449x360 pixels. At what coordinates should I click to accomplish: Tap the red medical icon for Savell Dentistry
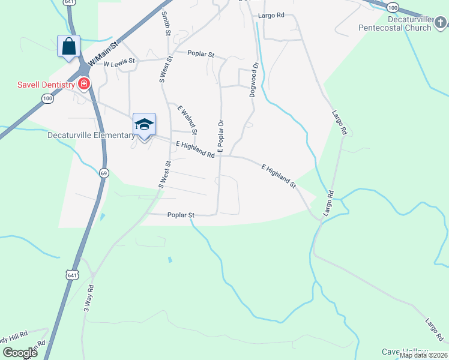click(84, 84)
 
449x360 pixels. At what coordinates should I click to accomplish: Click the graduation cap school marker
click(144, 124)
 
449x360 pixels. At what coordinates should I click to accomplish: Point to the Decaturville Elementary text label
click(91, 135)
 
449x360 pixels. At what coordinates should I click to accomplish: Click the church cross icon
click(441, 23)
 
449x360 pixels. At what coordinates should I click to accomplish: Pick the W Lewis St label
click(119, 63)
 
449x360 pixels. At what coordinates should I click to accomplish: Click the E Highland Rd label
click(195, 149)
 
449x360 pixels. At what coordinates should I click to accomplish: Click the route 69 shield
click(104, 173)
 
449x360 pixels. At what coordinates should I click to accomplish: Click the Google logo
click(20, 353)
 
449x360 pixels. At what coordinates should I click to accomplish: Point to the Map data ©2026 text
click(423, 355)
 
